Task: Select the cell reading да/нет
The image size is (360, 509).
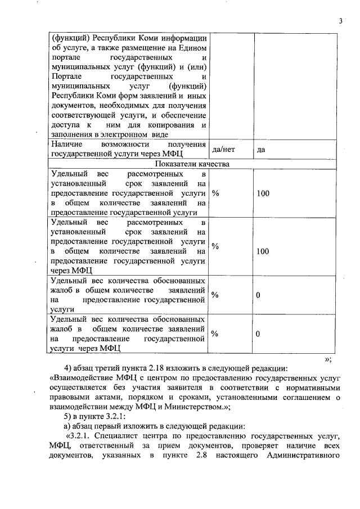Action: point(223,150)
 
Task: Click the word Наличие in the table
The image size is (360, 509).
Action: point(66,145)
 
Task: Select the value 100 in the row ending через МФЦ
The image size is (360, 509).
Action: point(263,251)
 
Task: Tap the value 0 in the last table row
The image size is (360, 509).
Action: point(258,334)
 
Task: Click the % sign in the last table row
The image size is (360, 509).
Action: point(215,334)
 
